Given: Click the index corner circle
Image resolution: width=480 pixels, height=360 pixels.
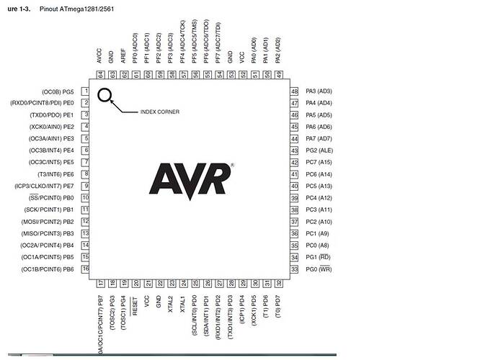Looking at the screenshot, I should pos(105,95).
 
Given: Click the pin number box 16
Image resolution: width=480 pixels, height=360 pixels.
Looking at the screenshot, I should pos(84,269).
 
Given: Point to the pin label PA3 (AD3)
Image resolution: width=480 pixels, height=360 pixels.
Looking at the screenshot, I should pos(319,91).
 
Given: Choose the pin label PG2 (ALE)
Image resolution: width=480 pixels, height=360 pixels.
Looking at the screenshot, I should pos(319,150).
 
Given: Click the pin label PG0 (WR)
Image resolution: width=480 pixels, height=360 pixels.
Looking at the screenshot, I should pos(318,269).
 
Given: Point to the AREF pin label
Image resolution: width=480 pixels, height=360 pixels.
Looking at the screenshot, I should pos(123,58).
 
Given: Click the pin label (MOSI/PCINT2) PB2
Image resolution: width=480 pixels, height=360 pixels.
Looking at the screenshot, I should pos(49,222).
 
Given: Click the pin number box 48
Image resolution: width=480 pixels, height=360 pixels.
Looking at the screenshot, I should pos(294,91).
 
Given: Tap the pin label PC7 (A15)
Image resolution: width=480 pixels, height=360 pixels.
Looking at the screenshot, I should pos(319,163).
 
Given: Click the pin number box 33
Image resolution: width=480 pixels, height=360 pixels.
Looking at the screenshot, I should pos(294,269).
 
